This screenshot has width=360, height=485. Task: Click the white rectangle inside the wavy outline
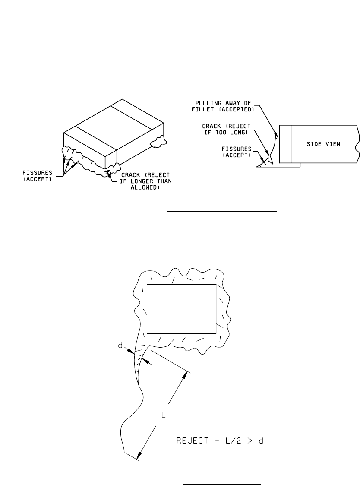click(181, 309)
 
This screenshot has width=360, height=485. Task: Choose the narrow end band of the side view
click(286, 144)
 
